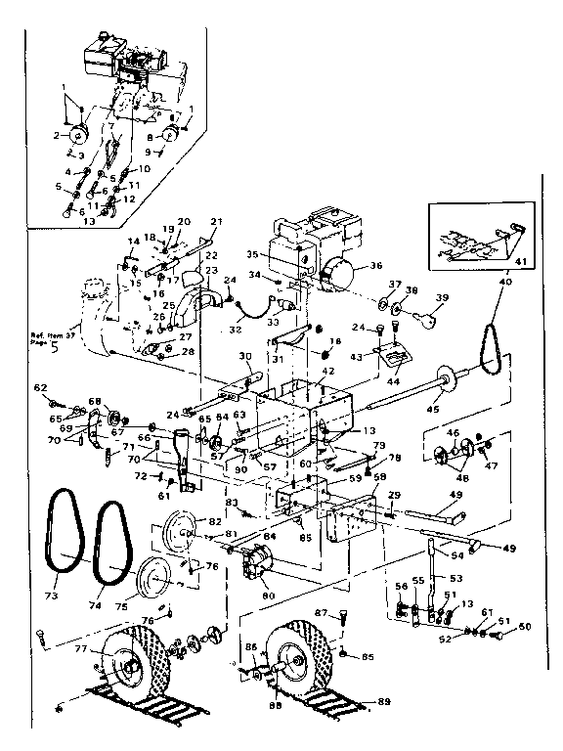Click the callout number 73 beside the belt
(x=51, y=594)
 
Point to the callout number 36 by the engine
(x=375, y=264)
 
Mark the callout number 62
(x=41, y=389)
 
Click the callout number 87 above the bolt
(x=319, y=613)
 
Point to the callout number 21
(x=217, y=222)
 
